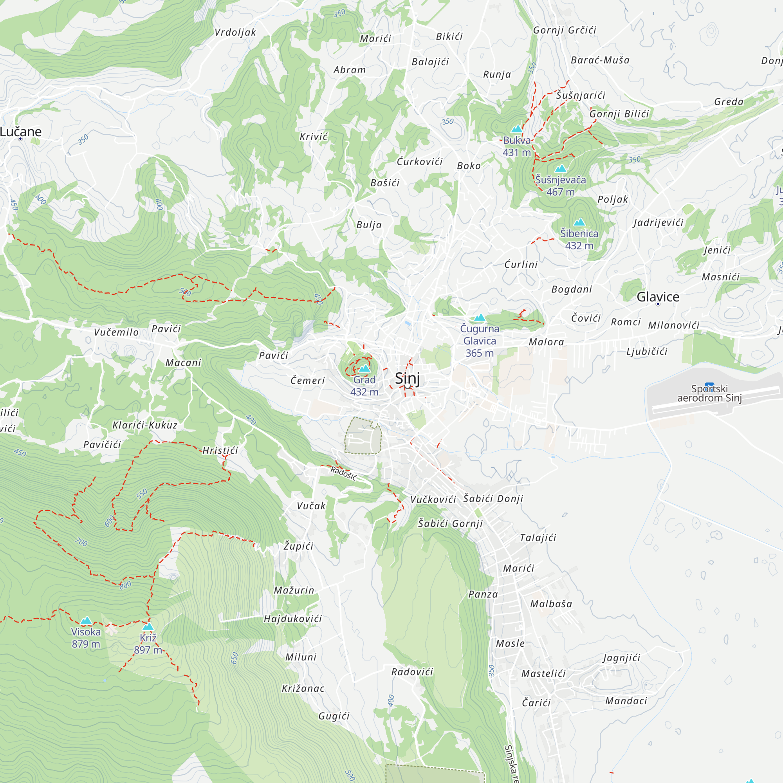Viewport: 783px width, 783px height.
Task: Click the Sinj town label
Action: [407, 379]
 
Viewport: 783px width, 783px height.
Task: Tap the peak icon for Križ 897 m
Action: [148, 626]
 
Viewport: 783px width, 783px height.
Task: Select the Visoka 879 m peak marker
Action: [86, 621]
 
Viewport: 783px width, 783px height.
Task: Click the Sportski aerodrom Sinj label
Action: [709, 393]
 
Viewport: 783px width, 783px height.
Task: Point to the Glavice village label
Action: [658, 297]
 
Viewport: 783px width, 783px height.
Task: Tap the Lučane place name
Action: [21, 132]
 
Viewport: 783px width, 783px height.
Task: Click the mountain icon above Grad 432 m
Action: [364, 368]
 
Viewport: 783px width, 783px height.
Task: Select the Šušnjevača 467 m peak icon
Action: [561, 168]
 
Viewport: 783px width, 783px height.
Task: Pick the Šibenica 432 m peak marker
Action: [579, 222]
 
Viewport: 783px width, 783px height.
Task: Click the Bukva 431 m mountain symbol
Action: [516, 129]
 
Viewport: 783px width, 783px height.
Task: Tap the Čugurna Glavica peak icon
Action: [480, 318]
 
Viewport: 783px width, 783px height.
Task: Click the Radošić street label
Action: [343, 473]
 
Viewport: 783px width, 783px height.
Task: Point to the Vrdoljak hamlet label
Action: [235, 32]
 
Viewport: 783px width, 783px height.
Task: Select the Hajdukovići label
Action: [292, 619]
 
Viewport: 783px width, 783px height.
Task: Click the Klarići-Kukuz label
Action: [145, 425]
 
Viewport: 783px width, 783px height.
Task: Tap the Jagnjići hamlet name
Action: [621, 657]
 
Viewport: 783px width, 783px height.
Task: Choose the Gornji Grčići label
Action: [565, 30]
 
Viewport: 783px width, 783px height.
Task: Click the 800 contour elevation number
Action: [125, 585]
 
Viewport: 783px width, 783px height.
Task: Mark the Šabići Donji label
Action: [493, 498]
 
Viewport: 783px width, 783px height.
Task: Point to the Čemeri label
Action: [308, 381]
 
